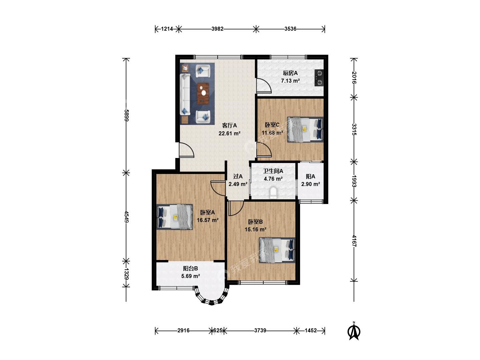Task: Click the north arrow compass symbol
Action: (354, 332)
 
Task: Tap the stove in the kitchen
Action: (319, 78)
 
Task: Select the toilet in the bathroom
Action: (273, 193)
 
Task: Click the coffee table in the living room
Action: (203, 93)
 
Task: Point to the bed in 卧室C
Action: (305, 130)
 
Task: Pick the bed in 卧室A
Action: (175, 217)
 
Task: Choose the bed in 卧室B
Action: (277, 250)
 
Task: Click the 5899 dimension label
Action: (126, 115)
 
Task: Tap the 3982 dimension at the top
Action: (217, 29)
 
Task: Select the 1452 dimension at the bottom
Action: (311, 330)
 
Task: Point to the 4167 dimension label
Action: (354, 241)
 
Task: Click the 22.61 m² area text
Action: (229, 133)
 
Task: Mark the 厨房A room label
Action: (290, 73)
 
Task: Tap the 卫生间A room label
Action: (273, 171)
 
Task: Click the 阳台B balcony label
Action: (190, 268)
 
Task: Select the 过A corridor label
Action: (238, 176)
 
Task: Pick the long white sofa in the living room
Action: (185, 94)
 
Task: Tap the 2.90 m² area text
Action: (311, 184)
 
